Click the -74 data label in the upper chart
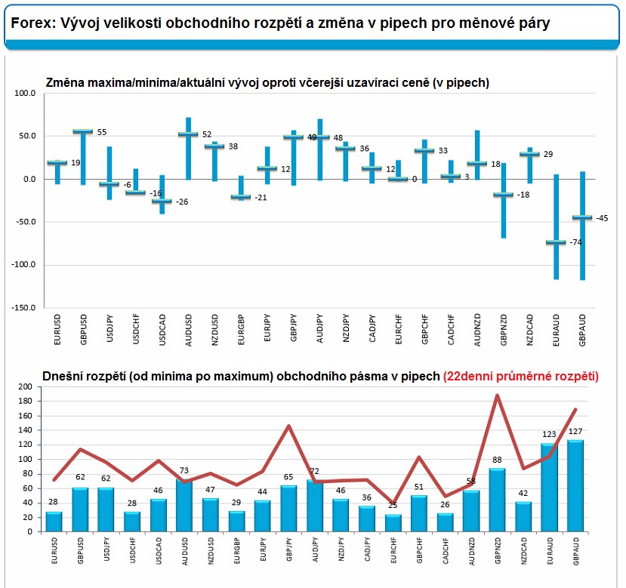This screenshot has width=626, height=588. pyautogui.click(x=575, y=242)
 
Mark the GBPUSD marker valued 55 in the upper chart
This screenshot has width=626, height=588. pyautogui.click(x=82, y=131)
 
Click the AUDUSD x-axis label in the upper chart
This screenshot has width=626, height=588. pyautogui.click(x=187, y=329)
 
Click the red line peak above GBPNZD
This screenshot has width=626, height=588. pyautogui.click(x=498, y=395)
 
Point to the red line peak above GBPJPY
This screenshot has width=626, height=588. pyautogui.click(x=289, y=426)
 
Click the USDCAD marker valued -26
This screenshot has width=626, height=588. pyautogui.click(x=163, y=201)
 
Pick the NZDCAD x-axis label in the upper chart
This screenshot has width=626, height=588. pyautogui.click(x=532, y=329)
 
